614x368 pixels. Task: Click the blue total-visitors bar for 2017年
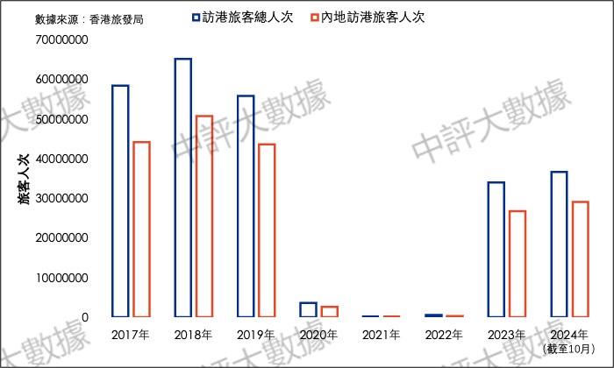(120, 201)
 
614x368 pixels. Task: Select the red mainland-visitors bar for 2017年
(141, 229)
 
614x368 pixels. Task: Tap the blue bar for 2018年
(182, 188)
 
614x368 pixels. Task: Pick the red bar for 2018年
(203, 216)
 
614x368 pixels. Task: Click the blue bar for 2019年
(246, 206)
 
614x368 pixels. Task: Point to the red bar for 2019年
(267, 230)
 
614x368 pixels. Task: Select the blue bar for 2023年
(496, 249)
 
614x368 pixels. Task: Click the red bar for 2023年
(517, 263)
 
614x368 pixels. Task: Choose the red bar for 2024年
(580, 258)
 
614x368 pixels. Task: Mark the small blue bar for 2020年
(308, 309)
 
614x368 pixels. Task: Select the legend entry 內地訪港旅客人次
(368, 17)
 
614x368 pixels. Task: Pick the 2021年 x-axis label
(381, 336)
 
